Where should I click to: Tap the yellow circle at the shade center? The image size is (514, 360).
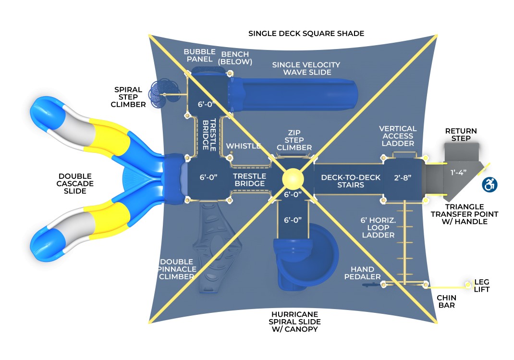(293, 179)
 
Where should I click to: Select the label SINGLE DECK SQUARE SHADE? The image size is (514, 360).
(306, 34)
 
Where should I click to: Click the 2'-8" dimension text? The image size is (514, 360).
(404, 177)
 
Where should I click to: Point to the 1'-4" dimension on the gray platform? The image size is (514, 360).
(457, 172)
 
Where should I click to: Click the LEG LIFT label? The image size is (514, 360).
(481, 286)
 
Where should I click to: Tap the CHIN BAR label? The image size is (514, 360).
(446, 301)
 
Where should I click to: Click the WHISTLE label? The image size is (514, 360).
(244, 146)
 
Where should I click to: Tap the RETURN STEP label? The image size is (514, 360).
(461, 135)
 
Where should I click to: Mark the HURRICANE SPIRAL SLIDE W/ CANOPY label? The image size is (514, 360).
(295, 322)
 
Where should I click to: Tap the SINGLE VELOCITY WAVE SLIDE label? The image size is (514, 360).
(306, 68)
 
